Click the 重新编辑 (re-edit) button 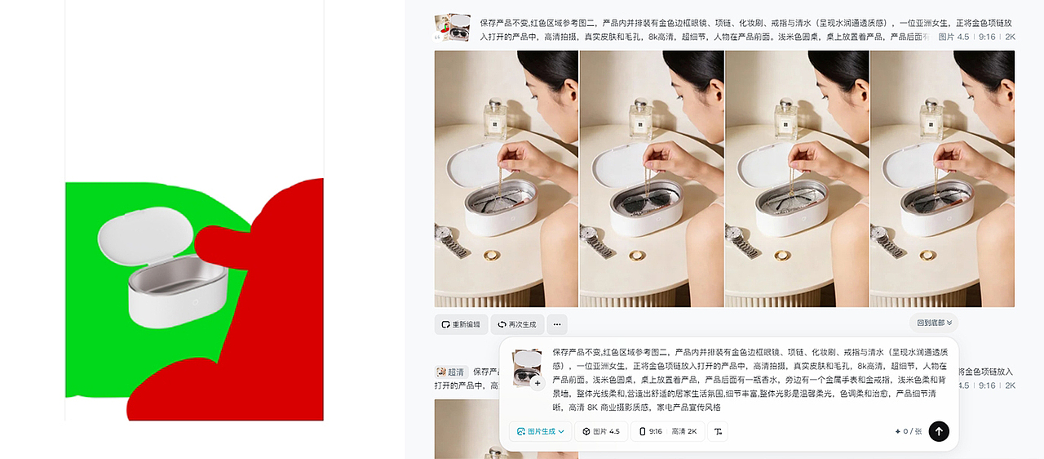461,324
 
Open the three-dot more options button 557,324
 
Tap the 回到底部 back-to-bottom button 934,323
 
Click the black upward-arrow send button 939,431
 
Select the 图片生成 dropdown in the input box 540,431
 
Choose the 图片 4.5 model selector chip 601,431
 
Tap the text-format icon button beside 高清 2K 718,431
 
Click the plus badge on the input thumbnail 537,383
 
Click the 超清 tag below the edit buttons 450,372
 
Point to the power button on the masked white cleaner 195,302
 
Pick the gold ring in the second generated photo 638,256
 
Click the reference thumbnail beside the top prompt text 452,28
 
